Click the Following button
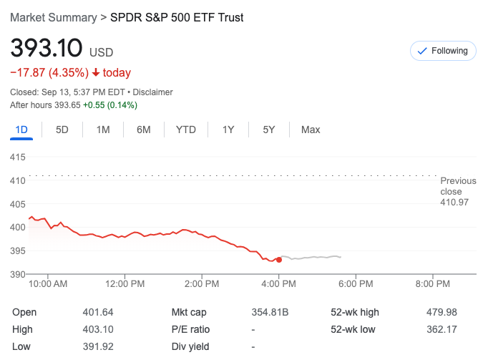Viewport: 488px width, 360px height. click(x=442, y=51)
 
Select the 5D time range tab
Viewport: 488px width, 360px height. click(x=62, y=130)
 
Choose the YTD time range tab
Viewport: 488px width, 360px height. click(x=186, y=130)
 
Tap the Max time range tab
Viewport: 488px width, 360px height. click(x=311, y=130)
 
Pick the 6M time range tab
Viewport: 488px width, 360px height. click(x=144, y=130)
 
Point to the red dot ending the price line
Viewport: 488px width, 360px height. click(x=278, y=259)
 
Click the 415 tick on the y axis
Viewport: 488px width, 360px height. click(x=17, y=157)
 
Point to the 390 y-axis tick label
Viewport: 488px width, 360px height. click(x=17, y=274)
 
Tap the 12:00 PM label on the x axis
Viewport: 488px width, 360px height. click(x=125, y=284)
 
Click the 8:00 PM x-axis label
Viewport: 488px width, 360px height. click(x=432, y=284)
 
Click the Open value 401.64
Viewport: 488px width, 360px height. click(x=98, y=312)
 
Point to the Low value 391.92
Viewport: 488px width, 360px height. click(x=98, y=346)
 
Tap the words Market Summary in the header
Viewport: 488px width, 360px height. click(x=53, y=17)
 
